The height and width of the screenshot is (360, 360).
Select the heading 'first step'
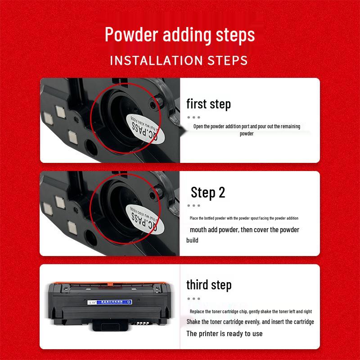tap(208, 104)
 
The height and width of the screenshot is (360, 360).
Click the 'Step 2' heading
tap(207, 193)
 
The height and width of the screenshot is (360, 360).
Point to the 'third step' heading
tap(209, 285)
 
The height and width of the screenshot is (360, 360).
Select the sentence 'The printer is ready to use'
tap(224, 333)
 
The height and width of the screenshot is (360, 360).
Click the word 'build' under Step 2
tap(192, 240)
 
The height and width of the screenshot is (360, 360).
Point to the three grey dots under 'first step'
tap(193, 117)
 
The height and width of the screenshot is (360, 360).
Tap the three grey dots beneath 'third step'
tap(193, 298)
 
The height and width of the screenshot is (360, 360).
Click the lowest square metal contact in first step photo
tap(71, 136)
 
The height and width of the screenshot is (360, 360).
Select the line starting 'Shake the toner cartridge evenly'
tap(250, 322)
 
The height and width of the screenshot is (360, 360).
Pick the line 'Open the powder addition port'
tap(247, 126)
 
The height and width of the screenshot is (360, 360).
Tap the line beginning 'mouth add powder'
tap(244, 230)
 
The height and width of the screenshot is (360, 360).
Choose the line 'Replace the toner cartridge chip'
tap(251, 311)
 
